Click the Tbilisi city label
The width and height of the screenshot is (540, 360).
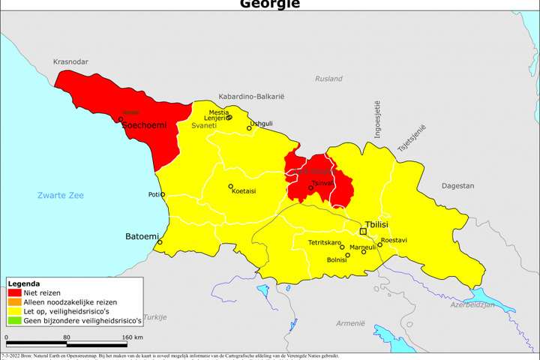380,224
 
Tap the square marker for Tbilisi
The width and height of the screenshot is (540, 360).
363,232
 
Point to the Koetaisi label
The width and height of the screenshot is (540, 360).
244,191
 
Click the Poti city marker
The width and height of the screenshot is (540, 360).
163,194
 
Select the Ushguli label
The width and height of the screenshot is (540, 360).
261,123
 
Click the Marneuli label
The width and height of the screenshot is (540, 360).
363,246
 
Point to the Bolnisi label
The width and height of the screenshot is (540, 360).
337,259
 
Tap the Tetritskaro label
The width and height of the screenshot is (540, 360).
325,242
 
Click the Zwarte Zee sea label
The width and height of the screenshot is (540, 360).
61,196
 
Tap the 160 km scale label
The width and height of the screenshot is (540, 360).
132,338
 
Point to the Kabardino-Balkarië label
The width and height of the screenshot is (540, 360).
252,97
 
